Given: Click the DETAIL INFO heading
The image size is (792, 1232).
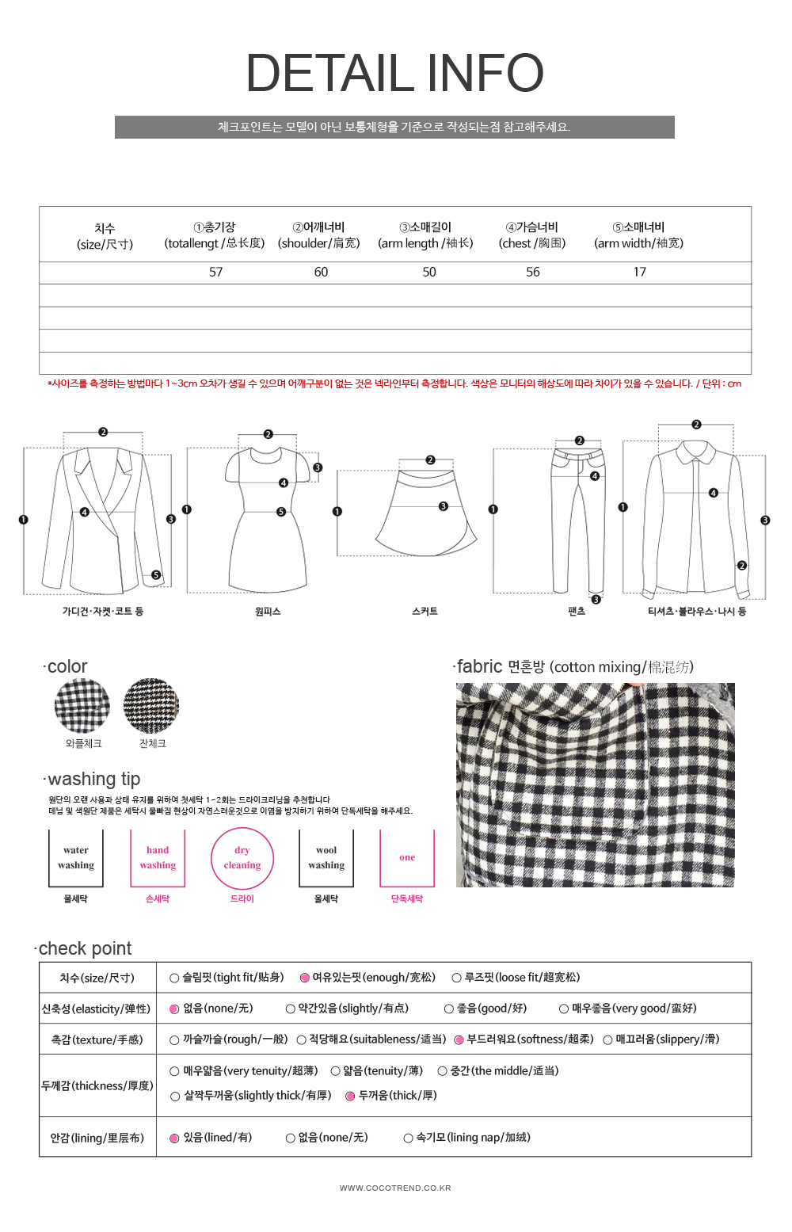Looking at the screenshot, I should click(394, 73).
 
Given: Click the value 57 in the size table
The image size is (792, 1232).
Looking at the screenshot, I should click(216, 273).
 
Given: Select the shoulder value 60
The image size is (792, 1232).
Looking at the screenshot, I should click(321, 273).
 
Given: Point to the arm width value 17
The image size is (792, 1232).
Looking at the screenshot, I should click(639, 273).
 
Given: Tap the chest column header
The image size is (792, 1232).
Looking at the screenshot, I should click(532, 235).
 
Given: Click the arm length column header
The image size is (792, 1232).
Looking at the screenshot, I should click(425, 235).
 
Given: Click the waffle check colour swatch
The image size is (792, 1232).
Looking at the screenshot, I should click(82, 706).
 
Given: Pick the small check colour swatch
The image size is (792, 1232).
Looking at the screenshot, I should click(151, 706).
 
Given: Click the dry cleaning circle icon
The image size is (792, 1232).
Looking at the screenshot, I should click(242, 859).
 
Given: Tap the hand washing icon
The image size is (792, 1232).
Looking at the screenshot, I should click(158, 859).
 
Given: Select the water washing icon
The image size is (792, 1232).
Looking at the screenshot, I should click(76, 859).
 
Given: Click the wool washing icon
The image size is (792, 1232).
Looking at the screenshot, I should click(326, 859).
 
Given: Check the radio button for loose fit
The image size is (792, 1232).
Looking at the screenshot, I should click(457, 978).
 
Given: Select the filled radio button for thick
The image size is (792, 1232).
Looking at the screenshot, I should click(350, 1097).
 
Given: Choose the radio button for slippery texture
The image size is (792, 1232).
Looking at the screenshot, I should click(608, 1040).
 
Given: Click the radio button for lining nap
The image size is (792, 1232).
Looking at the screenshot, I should click(409, 1139).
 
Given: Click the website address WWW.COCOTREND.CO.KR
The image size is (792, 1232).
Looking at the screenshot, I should click(395, 1188).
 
